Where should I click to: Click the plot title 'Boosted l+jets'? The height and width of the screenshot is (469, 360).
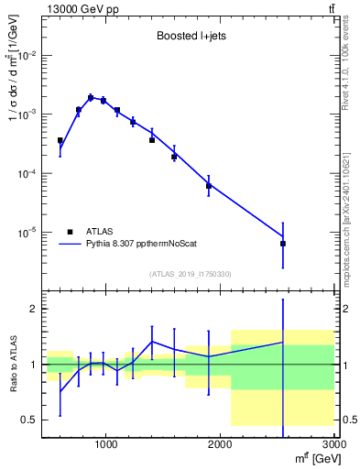coord(187,38)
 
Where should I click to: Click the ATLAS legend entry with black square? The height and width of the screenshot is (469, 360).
coord(91,232)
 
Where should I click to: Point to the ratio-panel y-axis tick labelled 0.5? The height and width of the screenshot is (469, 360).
coord(29,420)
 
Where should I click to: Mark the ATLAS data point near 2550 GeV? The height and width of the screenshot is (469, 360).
coord(283,244)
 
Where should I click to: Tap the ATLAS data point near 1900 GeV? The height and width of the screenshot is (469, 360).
coord(209,186)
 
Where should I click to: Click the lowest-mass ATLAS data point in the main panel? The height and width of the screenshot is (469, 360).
coord(60,141)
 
